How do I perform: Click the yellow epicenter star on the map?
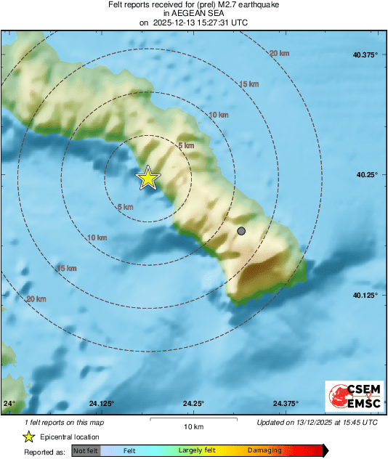pos(148,177)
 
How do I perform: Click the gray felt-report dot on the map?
pos(241,231)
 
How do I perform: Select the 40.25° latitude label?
pos(367,175)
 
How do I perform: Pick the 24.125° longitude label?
pos(102,404)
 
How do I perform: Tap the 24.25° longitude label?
pos(193,404)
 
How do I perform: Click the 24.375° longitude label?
pos(286,404)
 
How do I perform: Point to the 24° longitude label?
pos(9,404)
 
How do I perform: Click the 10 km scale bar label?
pos(193,426)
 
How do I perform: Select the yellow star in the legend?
pos(28,436)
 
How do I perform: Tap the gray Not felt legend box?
pos(84,451)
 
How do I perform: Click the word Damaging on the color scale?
pos(264,451)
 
